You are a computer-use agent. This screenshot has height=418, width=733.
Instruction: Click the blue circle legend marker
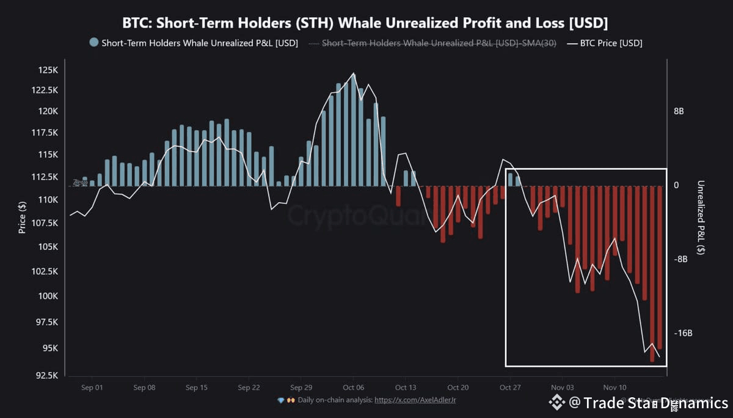point(94,43)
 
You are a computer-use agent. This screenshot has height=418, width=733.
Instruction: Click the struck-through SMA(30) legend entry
point(439,43)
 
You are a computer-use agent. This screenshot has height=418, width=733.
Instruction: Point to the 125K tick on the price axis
point(48,70)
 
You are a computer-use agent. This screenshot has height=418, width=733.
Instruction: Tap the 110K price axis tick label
point(48,200)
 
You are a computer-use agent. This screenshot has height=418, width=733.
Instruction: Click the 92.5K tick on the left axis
point(46,375)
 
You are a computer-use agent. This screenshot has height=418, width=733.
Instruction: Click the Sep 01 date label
point(92,387)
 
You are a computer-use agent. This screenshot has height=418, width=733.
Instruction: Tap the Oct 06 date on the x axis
point(354,387)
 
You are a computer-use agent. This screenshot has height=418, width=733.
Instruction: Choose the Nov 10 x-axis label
point(614,387)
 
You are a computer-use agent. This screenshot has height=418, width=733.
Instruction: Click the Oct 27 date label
point(509,387)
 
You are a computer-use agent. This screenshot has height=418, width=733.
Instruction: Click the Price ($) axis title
point(23,217)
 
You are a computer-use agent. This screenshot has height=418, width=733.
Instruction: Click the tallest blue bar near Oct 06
point(353,130)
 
